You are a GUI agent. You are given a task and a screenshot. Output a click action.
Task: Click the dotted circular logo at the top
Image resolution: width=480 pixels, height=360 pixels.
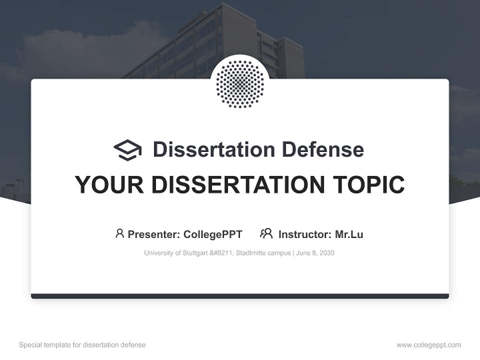click(x=240, y=83)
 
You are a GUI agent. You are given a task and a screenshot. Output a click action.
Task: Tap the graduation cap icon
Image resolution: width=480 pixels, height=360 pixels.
click(x=127, y=149)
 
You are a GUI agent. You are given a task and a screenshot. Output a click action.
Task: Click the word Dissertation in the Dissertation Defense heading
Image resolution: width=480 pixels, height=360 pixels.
click(x=213, y=149)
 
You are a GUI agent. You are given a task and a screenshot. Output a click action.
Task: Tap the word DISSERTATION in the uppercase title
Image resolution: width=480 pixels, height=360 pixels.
click(x=238, y=184)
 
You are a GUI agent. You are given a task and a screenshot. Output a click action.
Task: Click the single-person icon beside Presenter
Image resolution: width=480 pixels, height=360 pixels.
click(x=119, y=233)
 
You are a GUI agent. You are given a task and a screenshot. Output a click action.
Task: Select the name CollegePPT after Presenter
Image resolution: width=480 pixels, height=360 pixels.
click(x=213, y=234)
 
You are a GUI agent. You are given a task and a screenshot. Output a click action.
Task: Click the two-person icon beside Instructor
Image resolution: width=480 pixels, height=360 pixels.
click(x=266, y=233)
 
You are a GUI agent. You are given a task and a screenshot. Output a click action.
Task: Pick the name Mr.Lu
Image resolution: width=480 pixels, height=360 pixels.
click(x=349, y=234)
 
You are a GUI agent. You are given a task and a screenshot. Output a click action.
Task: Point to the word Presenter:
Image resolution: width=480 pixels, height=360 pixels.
click(x=154, y=234)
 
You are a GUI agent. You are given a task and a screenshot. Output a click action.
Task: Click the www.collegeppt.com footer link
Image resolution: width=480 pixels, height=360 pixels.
click(x=428, y=345)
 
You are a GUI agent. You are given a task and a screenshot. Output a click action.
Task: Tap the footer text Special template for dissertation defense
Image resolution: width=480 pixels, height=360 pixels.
click(x=82, y=345)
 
